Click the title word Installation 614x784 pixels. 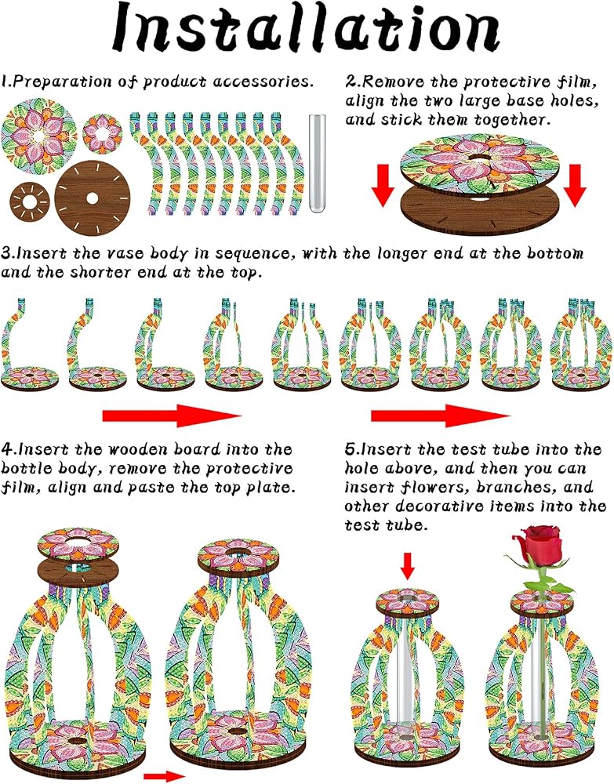(306, 28)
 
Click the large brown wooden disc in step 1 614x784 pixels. (92, 198)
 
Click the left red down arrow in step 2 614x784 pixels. (383, 186)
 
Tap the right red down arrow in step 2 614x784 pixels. (575, 186)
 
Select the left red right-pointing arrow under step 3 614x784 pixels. (172, 416)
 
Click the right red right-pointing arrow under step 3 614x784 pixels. (441, 416)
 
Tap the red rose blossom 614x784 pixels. (541, 545)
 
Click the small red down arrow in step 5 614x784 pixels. (408, 566)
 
